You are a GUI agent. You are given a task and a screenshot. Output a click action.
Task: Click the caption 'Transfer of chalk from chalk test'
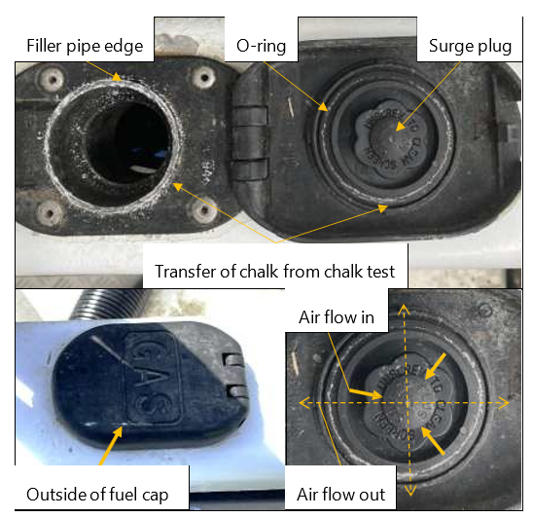pos(275,271)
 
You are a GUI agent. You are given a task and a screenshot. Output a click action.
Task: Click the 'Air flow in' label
pos(340,318)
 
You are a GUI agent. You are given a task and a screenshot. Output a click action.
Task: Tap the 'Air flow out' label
pos(341,495)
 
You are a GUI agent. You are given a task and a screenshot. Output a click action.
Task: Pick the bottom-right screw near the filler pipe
pos(205,208)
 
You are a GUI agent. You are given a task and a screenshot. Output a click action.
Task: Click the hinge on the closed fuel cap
pos(231,375)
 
